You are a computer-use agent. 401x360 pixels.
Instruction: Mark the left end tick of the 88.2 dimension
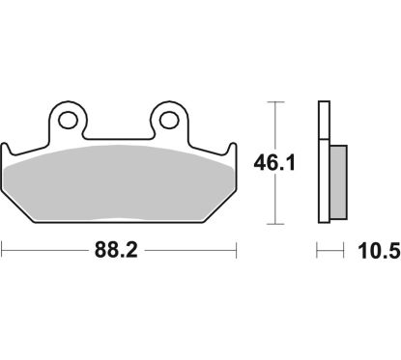click(x=3, y=253)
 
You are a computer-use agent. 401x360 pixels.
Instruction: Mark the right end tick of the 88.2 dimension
click(x=237, y=253)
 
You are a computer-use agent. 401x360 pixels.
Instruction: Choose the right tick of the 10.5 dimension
click(x=345, y=253)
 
